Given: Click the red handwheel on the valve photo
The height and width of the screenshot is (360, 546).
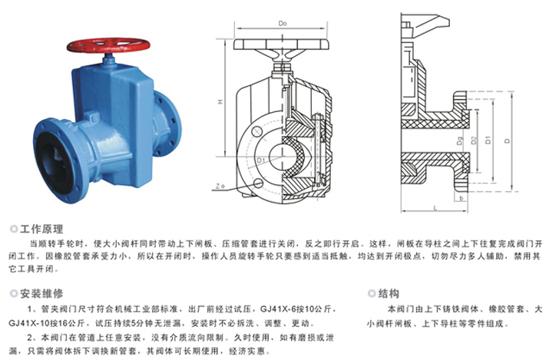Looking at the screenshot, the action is click(x=108, y=45).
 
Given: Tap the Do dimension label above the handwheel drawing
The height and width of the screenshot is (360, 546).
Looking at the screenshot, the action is click(x=283, y=23).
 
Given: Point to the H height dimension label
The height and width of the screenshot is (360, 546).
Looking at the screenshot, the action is click(x=220, y=101).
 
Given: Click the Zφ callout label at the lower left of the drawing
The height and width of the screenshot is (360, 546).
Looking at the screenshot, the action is click(x=220, y=187).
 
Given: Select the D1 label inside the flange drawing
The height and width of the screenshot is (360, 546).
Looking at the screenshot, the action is click(x=261, y=160).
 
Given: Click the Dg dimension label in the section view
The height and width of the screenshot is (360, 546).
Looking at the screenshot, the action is click(x=460, y=140).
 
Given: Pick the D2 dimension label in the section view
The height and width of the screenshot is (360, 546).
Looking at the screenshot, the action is click(x=473, y=140).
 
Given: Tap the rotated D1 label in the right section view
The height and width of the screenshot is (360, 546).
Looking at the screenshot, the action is click(x=488, y=140).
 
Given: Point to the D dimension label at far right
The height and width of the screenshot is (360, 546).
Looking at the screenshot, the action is click(x=507, y=140).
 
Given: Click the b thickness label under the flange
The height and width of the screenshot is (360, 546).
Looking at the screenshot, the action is click(x=462, y=198).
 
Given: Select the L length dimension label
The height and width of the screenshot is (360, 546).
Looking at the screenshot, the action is click(x=435, y=207).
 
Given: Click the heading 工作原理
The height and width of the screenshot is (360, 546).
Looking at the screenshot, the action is click(x=41, y=229).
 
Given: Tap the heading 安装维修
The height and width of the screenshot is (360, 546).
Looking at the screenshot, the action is click(x=41, y=293).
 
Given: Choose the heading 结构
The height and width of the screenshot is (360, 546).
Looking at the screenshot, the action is click(x=389, y=293).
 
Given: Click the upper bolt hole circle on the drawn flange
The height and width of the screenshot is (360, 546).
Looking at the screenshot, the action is click(x=257, y=131).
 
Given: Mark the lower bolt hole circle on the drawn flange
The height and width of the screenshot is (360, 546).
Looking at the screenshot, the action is click(x=258, y=183).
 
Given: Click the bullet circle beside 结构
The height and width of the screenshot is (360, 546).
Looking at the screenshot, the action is click(x=372, y=293).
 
